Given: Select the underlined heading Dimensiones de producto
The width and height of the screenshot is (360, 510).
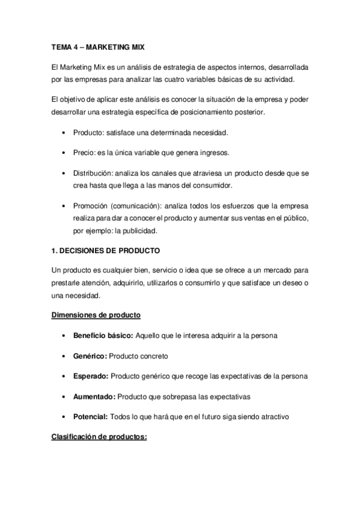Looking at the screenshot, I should pos(96,315).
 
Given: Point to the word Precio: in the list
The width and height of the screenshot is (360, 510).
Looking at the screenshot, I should pos(84,153).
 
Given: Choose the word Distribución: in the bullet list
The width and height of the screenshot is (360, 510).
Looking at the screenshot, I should pos(93,173).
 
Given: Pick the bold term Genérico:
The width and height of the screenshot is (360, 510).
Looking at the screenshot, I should pos(90,355).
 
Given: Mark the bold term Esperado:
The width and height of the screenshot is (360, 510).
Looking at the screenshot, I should pos(90,376).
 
